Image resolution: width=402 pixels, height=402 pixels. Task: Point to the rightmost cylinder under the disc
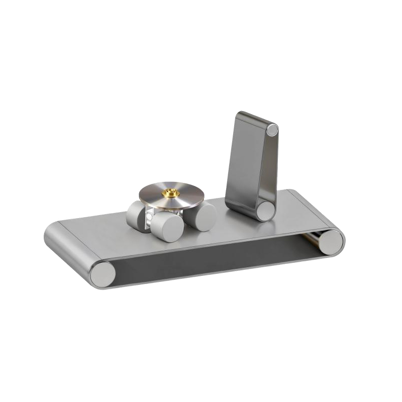point(205,218)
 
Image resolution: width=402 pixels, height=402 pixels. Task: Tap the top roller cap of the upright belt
point(272,130)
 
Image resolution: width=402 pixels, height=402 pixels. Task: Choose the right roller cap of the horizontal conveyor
point(331,242)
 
